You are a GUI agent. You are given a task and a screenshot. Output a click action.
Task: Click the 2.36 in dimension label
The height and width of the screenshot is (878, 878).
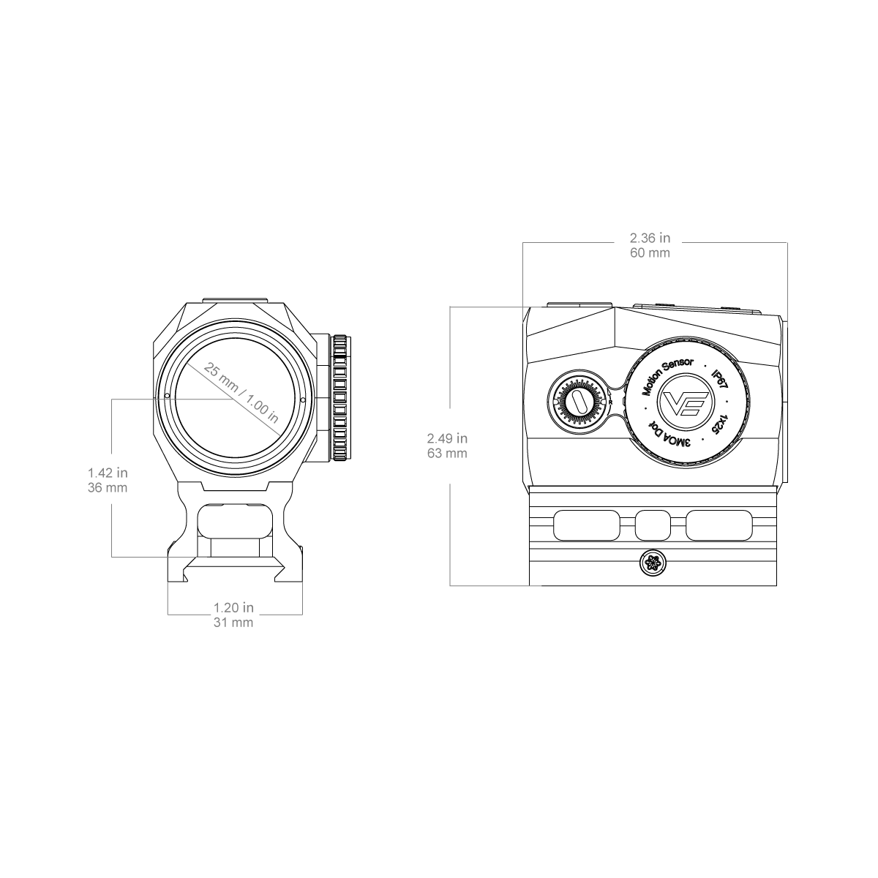[650, 238]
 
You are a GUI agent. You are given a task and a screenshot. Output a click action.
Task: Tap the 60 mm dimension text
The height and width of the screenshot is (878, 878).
[650, 253]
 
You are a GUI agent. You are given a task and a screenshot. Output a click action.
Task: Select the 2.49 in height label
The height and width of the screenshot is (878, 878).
[447, 438]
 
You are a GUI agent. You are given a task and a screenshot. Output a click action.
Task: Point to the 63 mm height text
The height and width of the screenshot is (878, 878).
[447, 454]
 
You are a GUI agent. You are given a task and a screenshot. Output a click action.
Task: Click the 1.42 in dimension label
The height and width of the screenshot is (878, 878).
[108, 473]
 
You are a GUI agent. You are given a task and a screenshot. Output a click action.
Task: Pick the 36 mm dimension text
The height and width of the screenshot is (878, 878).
[108, 487]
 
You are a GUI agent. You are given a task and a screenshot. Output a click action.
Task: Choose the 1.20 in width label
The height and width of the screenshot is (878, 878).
[233, 607]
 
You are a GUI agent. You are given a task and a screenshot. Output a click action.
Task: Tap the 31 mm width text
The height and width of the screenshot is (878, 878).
[233, 623]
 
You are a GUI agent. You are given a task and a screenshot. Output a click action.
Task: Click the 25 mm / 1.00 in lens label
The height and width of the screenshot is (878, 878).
[241, 393]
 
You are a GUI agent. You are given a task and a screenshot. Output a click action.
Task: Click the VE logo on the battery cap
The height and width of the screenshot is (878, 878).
[686, 402]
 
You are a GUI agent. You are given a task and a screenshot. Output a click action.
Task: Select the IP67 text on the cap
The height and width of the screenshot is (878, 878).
[719, 379]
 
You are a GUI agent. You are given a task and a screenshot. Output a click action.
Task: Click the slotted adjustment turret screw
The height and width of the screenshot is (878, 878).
[579, 402]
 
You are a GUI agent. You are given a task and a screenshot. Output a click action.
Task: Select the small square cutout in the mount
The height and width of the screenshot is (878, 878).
[653, 525]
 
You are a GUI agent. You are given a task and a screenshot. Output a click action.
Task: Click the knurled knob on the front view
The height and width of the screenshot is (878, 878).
[341, 398]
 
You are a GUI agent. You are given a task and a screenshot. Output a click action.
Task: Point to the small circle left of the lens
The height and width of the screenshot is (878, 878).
[167, 396]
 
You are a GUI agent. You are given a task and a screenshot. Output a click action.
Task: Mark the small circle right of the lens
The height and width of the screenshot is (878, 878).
[303, 400]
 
